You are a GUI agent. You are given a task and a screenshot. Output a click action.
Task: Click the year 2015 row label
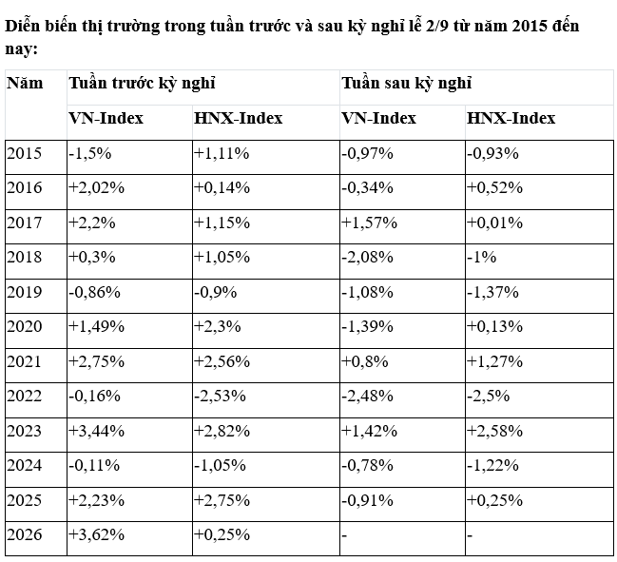pyautogui.click(x=24, y=153)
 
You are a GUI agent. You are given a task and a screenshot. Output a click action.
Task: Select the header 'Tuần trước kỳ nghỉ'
pyautogui.click(x=142, y=83)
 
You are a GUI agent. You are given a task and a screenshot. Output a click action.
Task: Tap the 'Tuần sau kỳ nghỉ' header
pyautogui.click(x=407, y=83)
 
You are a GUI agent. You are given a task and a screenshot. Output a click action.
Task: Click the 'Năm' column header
pyautogui.click(x=25, y=83)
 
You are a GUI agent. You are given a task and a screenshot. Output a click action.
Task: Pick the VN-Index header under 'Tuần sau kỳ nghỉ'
pyautogui.click(x=378, y=118)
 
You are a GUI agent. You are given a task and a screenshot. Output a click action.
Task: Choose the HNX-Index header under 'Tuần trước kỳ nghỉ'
pyautogui.click(x=238, y=118)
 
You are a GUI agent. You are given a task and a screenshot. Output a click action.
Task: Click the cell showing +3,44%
pyautogui.click(x=96, y=431)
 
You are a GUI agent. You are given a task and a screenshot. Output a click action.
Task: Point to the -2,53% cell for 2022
pyautogui.click(x=220, y=396)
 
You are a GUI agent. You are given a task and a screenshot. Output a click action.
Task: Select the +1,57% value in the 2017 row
pyautogui.click(x=370, y=223)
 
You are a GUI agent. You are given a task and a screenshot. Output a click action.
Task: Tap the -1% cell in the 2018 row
pyautogui.click(x=482, y=257)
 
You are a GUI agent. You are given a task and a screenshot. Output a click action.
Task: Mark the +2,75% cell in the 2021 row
pyautogui.click(x=96, y=361)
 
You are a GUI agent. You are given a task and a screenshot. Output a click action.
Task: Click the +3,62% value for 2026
pyautogui.click(x=96, y=534)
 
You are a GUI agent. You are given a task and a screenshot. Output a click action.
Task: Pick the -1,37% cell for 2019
pyautogui.click(x=492, y=292)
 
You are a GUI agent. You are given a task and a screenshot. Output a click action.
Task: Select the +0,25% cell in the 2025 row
pyautogui.click(x=494, y=500)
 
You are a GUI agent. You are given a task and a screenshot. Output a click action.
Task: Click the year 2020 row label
pyautogui.click(x=24, y=326)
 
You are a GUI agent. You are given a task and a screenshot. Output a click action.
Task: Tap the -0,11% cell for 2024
pyautogui.click(x=94, y=465)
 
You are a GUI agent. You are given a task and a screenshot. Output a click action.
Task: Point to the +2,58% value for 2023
pyautogui.click(x=494, y=431)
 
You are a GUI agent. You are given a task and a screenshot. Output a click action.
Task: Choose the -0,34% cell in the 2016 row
pyautogui.click(x=368, y=187)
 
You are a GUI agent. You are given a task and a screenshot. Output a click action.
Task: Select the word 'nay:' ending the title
pyautogui.click(x=21, y=50)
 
